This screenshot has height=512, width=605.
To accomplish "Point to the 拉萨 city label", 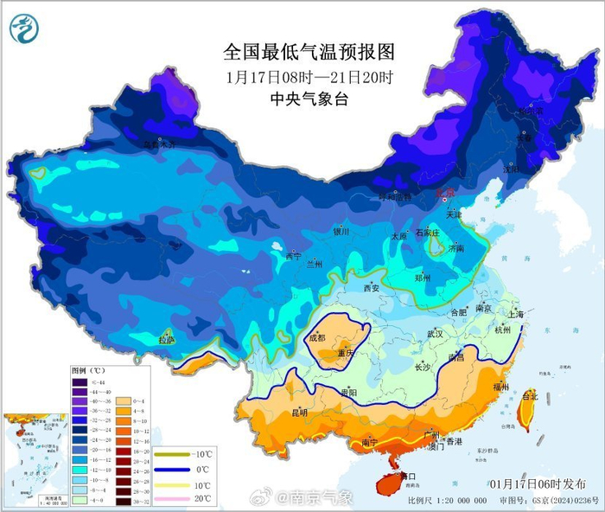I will (x=168, y=341).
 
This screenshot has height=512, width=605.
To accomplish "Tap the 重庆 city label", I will (x=347, y=353).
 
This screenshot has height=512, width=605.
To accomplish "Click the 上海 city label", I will (x=517, y=315).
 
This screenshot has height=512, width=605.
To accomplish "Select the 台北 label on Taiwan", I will (x=530, y=396).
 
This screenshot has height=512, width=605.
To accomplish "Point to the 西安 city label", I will (x=372, y=288).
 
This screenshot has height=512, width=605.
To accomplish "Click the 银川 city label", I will (x=341, y=232).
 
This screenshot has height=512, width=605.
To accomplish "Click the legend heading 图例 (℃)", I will (x=86, y=370).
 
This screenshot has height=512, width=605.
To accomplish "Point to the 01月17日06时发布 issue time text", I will (x=537, y=483).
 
